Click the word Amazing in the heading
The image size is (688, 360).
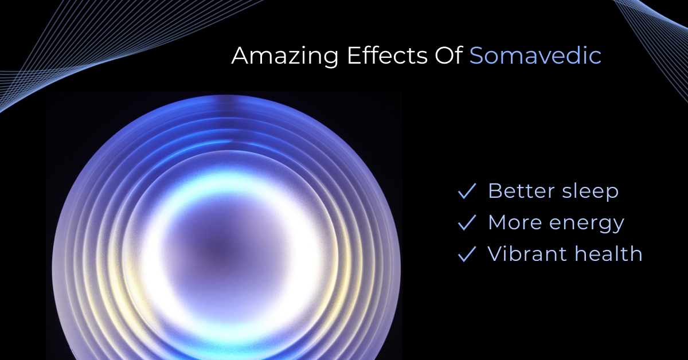[x=285, y=57]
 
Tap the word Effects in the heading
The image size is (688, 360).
[x=387, y=55]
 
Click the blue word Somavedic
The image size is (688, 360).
[x=535, y=55]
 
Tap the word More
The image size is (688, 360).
[x=515, y=222]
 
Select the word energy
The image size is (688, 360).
[x=587, y=224]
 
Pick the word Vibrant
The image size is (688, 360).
[x=527, y=254]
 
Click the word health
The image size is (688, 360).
[x=608, y=254]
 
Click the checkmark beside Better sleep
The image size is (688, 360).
[x=467, y=191]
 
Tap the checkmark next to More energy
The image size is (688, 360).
[x=467, y=222]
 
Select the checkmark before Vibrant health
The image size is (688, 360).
[x=467, y=254]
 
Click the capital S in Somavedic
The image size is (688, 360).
[x=476, y=56]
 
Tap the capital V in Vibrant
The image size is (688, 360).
[x=496, y=254]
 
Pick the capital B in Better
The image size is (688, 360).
[x=495, y=191]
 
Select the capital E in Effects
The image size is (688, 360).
[x=354, y=56]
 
